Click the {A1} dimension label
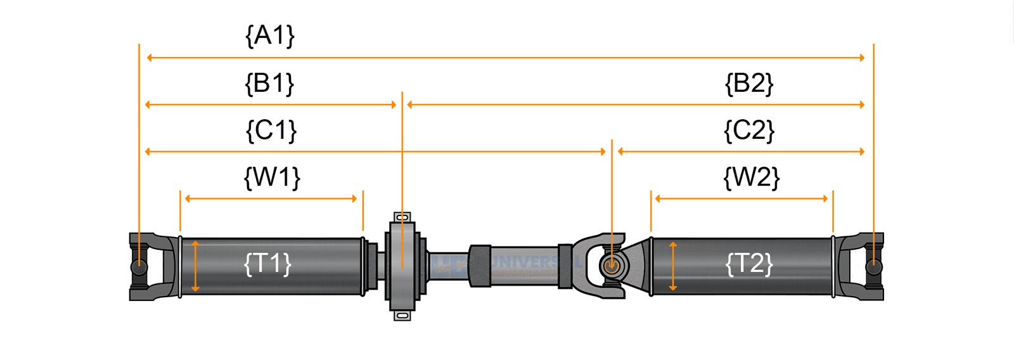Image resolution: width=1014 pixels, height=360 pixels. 270,35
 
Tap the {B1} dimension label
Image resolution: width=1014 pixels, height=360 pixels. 270,83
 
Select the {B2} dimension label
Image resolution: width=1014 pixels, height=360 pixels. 749,83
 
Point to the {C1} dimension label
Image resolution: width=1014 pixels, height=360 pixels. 271,131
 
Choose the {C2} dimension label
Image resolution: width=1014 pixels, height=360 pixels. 749,131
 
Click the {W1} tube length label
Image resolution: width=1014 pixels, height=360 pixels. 272,177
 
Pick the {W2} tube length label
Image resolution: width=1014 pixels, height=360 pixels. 752,177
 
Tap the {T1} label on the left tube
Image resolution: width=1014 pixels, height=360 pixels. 268,264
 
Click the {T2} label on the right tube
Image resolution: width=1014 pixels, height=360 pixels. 749,264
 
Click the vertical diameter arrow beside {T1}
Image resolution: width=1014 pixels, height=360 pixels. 195,266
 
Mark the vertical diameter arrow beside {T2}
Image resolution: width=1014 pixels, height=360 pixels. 673,266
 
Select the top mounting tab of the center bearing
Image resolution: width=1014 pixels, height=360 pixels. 402,217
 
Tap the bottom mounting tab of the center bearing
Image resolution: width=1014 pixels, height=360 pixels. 402,315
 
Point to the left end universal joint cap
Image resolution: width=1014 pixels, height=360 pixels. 139,267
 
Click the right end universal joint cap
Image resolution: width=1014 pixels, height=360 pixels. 874,266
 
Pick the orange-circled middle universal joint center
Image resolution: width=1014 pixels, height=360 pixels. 611,266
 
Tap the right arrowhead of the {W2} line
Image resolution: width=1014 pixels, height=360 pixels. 825,198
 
